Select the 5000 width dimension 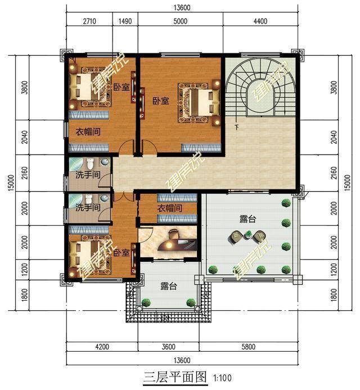point(181,21)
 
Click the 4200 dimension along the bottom point(101,347)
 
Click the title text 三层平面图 point(175,376)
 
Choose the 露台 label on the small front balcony point(169,287)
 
